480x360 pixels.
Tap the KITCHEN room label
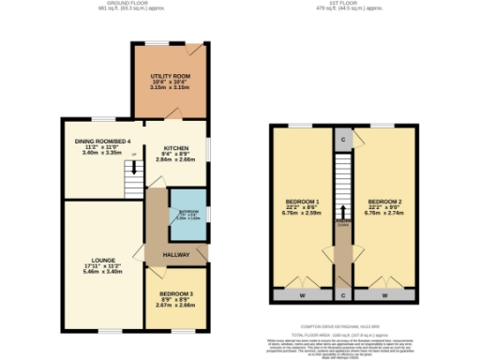(x=176, y=148)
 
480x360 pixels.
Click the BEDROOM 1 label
(x=303, y=202)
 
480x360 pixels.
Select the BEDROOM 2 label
(x=385, y=202)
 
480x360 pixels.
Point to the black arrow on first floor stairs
(x=343, y=213)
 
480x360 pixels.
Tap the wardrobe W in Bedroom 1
(x=302, y=294)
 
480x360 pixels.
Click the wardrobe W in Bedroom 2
(x=384, y=294)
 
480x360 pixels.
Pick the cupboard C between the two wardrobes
(x=343, y=294)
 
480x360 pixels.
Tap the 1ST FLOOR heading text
(x=342, y=5)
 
